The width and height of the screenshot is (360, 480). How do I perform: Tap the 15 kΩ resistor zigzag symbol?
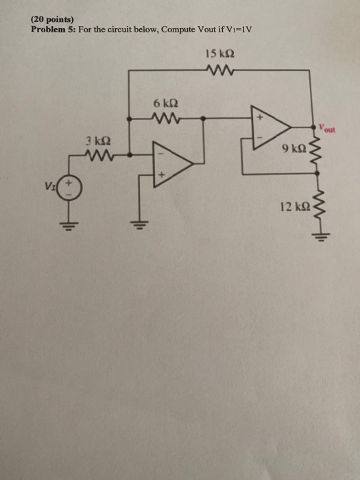click(220, 69)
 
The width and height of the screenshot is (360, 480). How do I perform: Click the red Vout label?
click(324, 128)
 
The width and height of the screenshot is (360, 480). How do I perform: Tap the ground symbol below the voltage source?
click(70, 224)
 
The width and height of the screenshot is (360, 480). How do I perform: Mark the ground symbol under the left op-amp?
click(140, 224)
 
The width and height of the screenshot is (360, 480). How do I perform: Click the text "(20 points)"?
click(52, 21)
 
